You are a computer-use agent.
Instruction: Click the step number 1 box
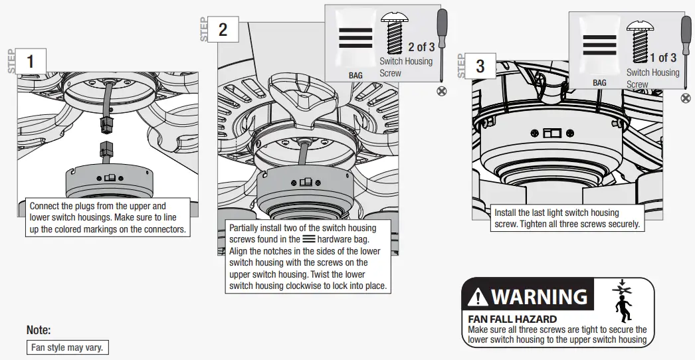[29, 61]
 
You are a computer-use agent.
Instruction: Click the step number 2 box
[223, 29]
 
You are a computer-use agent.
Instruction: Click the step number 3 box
[480, 66]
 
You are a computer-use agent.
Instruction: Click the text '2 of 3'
[421, 47]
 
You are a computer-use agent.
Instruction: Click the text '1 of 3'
[663, 58]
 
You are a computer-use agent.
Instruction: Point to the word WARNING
[539, 296]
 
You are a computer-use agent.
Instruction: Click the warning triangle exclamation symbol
[478, 298]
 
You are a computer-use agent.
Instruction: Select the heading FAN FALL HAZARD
[512, 319]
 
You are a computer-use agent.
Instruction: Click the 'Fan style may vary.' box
[67, 347]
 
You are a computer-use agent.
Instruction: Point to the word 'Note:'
[39, 330]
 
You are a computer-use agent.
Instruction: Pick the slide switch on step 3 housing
[552, 133]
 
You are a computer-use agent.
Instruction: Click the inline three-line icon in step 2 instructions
[308, 239]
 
